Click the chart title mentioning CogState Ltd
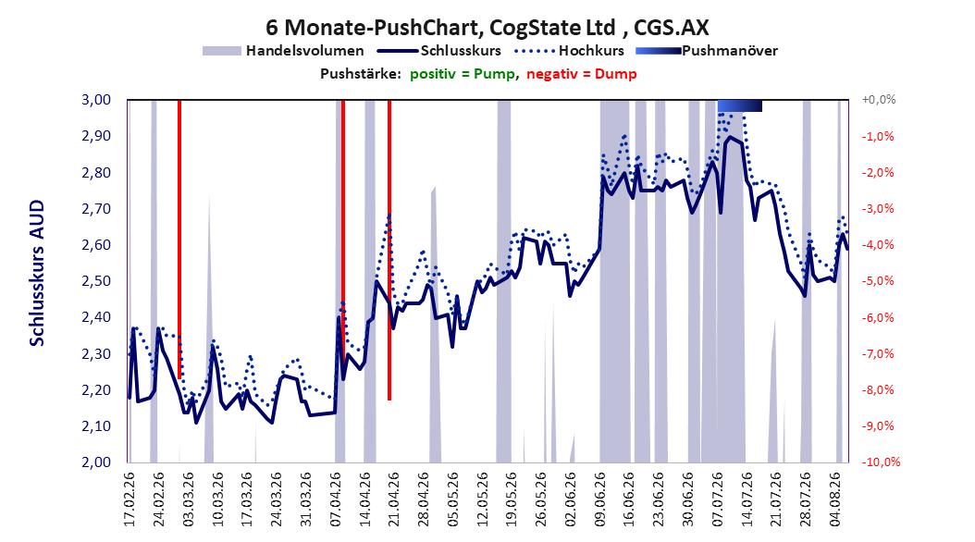click(x=487, y=28)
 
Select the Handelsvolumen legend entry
click(x=284, y=51)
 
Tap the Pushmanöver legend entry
click(x=707, y=51)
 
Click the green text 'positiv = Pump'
click(x=462, y=74)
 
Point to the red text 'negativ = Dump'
click(x=582, y=74)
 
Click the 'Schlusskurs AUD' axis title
click(x=37, y=273)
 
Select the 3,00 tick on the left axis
click(x=96, y=100)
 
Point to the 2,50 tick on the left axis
click(x=96, y=281)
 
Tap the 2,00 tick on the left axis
click(x=96, y=462)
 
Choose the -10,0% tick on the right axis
click(x=881, y=462)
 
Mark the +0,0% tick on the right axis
click(x=879, y=100)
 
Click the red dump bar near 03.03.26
click(x=179, y=240)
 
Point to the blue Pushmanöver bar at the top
click(x=740, y=105)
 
